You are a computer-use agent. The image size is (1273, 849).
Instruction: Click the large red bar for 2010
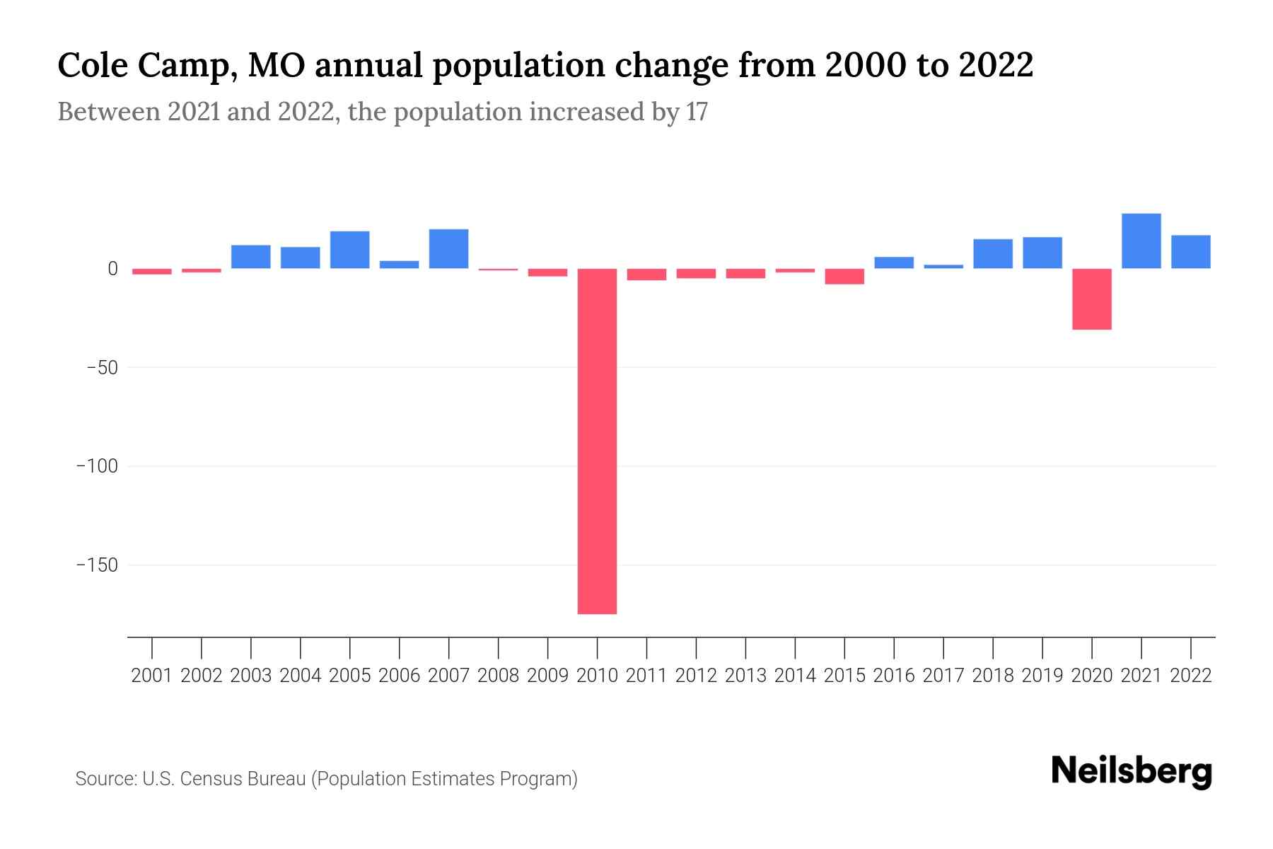[597, 441]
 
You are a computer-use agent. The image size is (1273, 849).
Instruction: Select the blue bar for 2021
[1141, 241]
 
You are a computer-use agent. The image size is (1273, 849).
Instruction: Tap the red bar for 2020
[1091, 299]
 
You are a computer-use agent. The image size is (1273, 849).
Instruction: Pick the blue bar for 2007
[448, 249]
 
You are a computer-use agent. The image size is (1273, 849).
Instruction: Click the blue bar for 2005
[349, 250]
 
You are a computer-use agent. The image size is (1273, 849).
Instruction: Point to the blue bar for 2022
[1190, 252]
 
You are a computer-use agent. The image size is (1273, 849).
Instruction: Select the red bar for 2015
[844, 277]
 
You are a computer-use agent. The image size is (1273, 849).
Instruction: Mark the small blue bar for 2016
[894, 262]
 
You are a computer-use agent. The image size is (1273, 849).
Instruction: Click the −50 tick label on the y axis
[102, 368]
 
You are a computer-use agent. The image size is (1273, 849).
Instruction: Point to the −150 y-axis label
[97, 566]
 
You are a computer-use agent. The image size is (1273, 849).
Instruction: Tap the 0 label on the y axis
[112, 269]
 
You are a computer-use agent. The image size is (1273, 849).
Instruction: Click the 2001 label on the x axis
[152, 676]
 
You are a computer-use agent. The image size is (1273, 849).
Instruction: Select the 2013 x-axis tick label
[745, 676]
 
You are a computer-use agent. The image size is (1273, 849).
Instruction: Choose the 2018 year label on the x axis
[992, 676]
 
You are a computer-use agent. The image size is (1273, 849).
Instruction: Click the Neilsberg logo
[1131, 772]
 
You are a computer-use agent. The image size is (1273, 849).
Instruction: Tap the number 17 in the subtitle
[697, 112]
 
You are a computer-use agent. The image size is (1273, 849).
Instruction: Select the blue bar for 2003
[250, 257]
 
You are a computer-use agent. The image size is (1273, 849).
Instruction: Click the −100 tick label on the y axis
[97, 467]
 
